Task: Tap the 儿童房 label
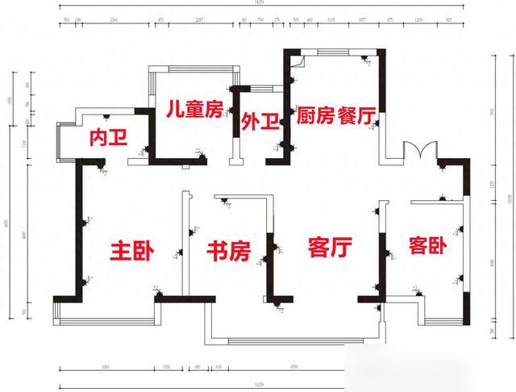pos(193,111)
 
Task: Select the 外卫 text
pos(260,122)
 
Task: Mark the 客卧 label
pos(428,244)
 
